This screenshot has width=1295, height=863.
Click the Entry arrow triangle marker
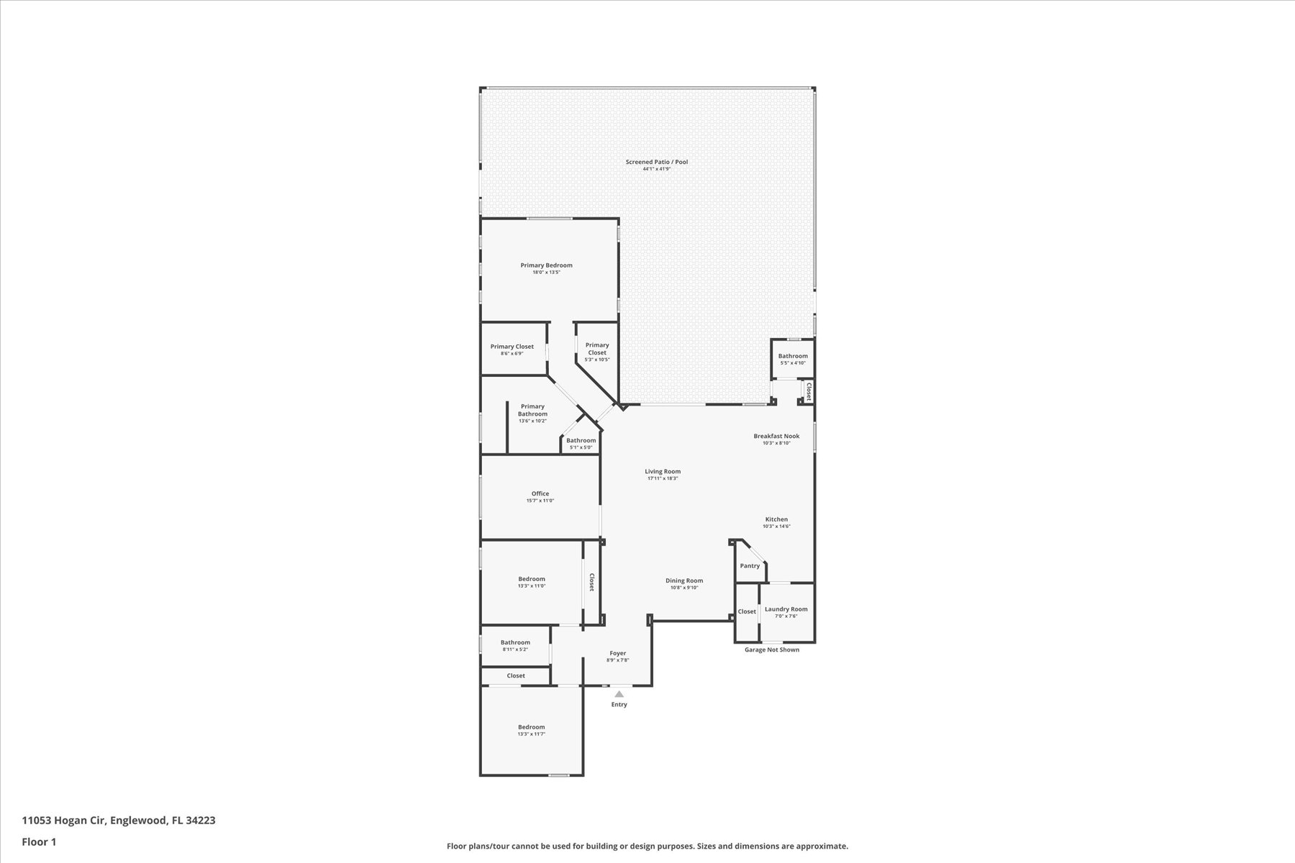point(619,694)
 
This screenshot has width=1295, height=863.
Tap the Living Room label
point(663,472)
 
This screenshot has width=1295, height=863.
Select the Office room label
point(540,494)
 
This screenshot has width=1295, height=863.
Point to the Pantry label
point(750,566)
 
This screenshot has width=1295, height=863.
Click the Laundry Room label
point(786,609)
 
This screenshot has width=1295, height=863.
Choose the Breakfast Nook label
point(776,436)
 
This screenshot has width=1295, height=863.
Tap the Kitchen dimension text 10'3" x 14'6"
point(776,526)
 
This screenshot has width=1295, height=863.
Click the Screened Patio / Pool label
point(657,162)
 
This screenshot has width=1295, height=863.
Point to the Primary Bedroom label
point(547,265)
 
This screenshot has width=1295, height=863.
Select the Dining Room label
point(684,580)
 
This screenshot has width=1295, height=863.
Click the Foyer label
point(618,653)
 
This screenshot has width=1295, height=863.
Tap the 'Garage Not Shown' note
point(771,649)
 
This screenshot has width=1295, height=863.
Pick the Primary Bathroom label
point(532,410)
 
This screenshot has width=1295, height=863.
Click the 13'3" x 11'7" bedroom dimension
point(532,734)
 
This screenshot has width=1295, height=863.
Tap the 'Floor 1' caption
point(39,841)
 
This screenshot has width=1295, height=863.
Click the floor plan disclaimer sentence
point(647,846)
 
